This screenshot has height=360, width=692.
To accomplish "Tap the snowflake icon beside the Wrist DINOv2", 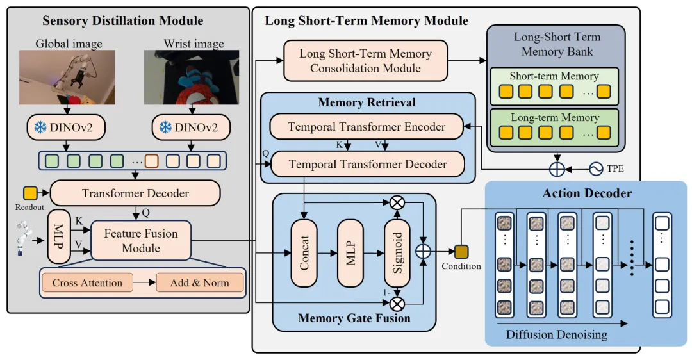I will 165,128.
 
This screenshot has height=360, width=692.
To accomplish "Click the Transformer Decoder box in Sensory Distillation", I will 135,193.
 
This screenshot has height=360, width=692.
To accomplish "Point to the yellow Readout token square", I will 29,192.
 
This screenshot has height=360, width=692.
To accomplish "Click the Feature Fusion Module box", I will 141,240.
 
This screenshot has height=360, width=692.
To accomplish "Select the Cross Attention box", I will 87,282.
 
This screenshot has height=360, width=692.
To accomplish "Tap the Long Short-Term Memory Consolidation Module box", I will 365,61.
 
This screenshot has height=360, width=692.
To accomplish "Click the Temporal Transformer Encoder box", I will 367,127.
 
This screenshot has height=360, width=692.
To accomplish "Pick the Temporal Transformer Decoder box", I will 368,165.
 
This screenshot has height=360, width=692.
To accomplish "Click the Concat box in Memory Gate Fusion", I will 305,253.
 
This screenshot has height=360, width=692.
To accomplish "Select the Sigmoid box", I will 397,253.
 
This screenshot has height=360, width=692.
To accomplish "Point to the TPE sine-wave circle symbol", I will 597,170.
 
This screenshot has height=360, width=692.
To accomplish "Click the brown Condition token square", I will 461,250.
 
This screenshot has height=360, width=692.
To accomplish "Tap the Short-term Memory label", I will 554,76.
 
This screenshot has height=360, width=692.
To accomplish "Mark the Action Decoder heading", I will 587,193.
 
